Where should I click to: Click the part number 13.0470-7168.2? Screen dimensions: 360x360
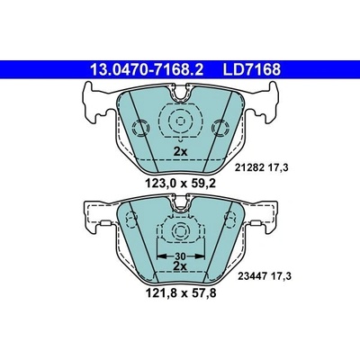(147, 69)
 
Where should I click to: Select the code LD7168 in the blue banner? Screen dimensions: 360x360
(251, 69)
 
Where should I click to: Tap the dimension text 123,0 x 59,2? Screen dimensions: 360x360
(180, 183)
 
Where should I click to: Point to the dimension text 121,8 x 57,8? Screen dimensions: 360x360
(180, 292)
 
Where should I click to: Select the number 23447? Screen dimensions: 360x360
(251, 276)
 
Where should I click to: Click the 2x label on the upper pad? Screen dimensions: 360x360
(180, 152)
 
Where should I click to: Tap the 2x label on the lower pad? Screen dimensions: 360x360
(180, 265)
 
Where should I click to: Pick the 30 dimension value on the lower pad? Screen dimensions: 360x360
(180, 256)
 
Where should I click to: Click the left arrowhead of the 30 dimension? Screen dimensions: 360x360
(162, 256)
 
